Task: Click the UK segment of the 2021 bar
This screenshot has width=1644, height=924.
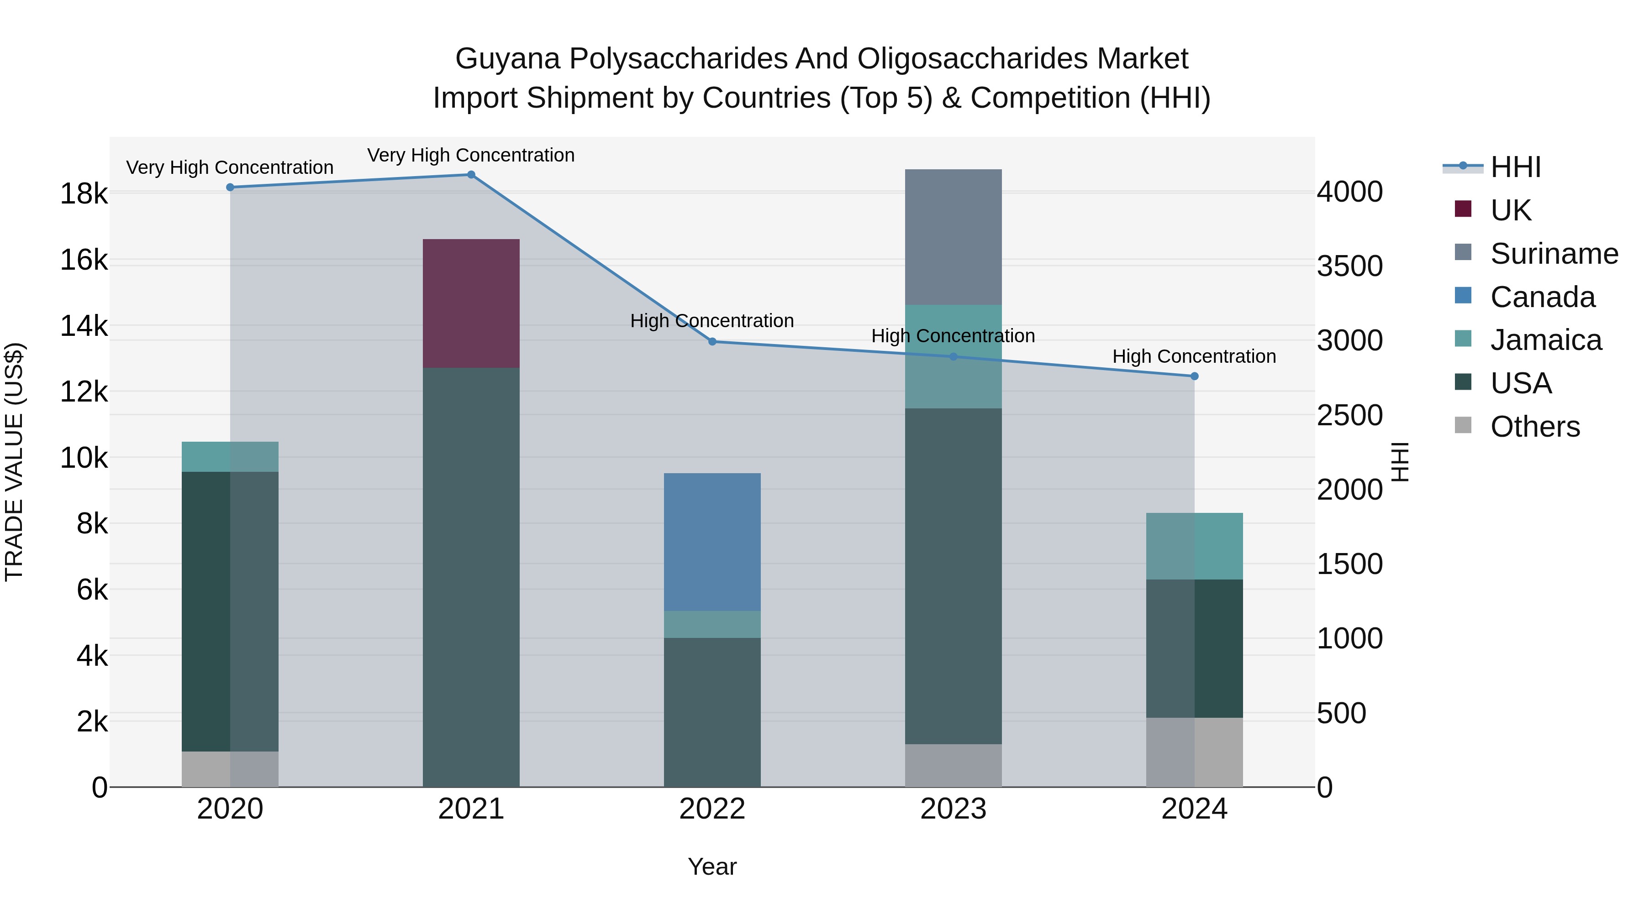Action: coord(471,303)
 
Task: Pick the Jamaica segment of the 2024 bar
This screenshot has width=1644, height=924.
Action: coord(1194,546)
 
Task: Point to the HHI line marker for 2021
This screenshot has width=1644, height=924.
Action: coord(471,175)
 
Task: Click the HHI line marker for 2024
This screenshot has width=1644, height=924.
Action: coord(1195,376)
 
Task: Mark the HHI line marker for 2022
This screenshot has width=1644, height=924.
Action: coord(712,342)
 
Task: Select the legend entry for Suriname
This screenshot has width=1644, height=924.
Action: coord(1554,254)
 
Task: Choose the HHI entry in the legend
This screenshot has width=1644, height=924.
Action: coord(1515,167)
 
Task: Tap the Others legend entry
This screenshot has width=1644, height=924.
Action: coord(1534,427)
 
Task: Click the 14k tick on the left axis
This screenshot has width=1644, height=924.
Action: coord(84,326)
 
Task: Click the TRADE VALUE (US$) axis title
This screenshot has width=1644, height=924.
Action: coord(14,462)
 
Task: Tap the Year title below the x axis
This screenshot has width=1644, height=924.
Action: coord(712,867)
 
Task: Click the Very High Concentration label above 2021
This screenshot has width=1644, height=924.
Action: coord(471,155)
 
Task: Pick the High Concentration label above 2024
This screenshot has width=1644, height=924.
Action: coord(1194,356)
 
